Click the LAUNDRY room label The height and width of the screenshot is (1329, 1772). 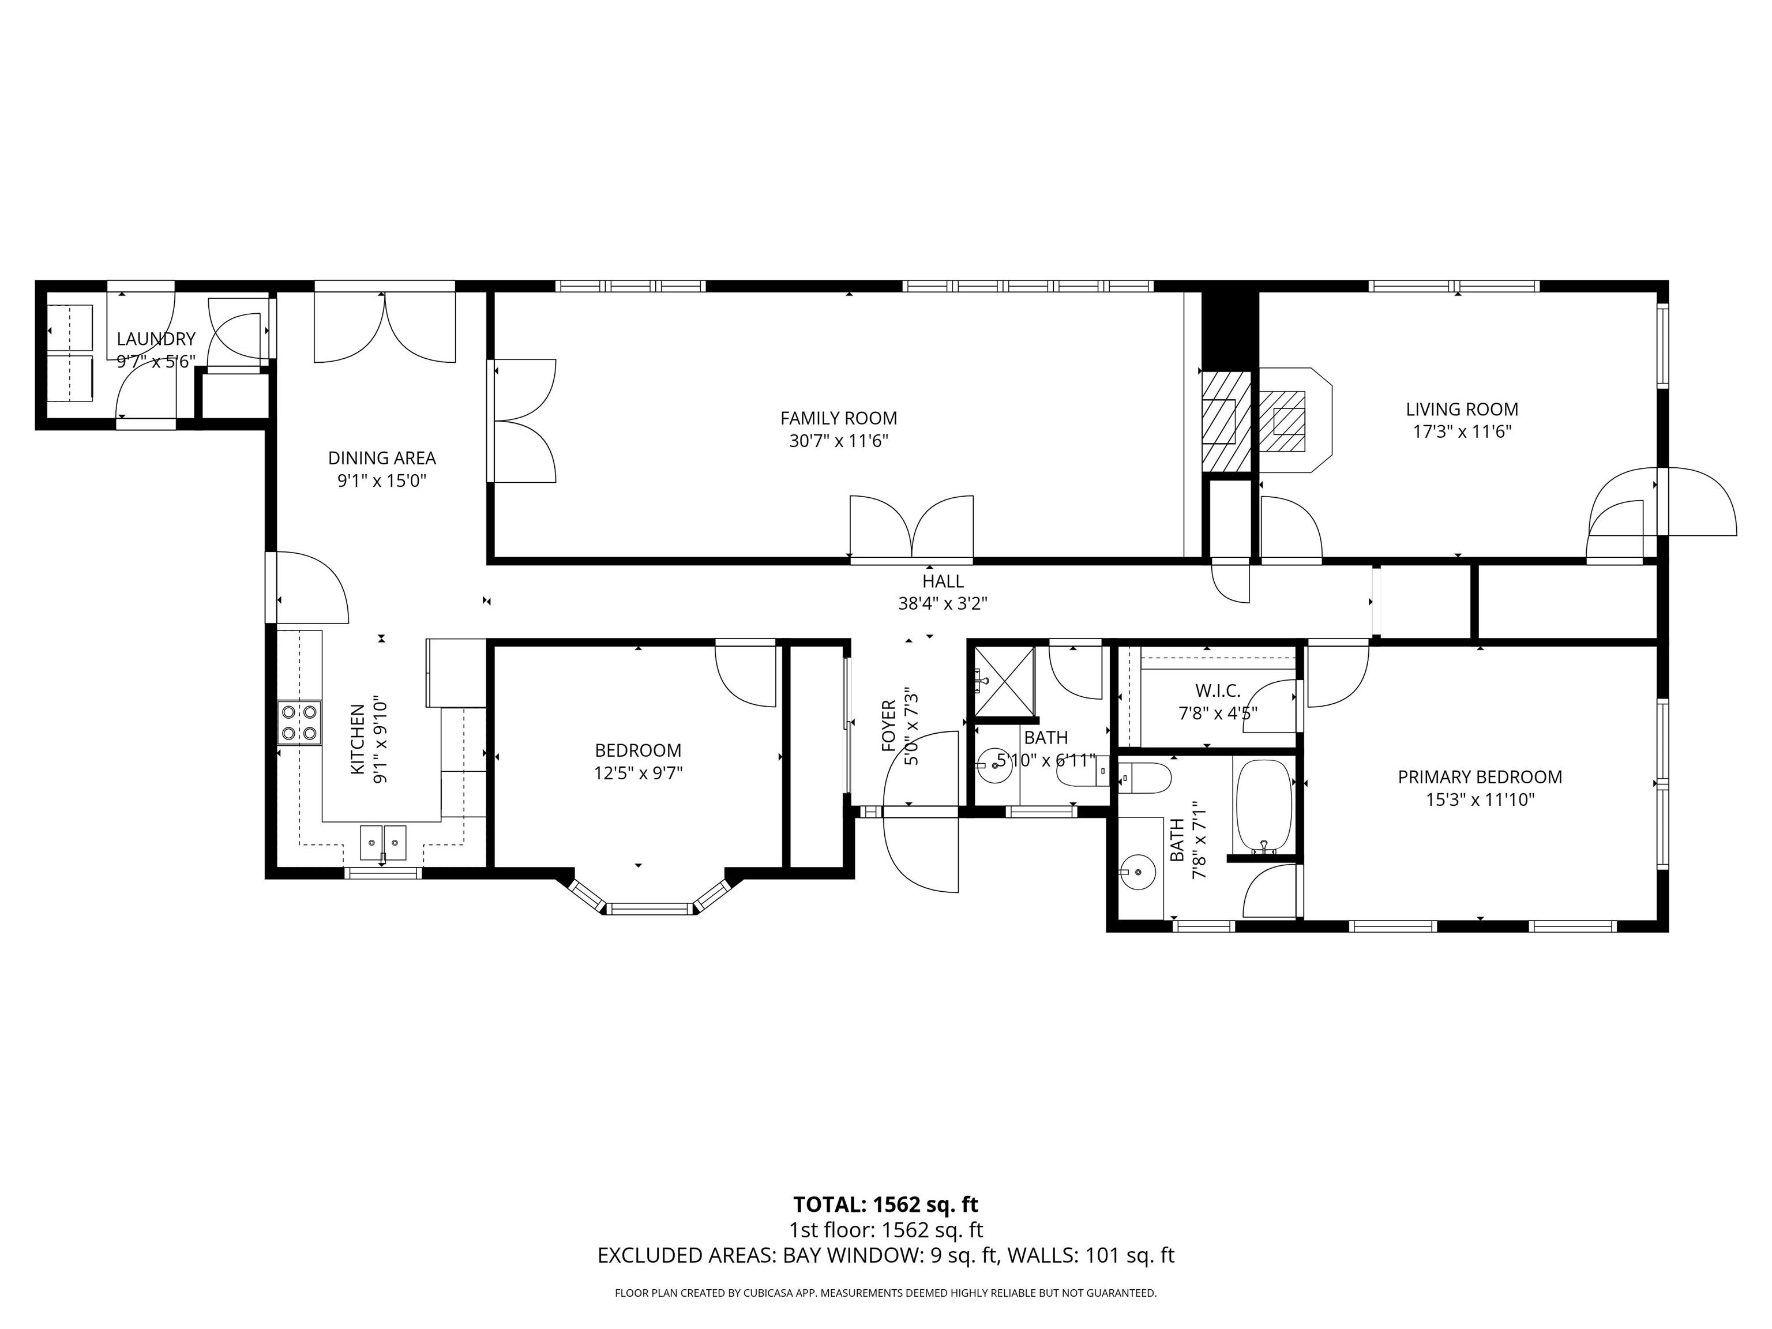tap(156, 339)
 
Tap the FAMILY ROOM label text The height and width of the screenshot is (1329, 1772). tap(839, 418)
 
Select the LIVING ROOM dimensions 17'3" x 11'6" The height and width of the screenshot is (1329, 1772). tap(1462, 432)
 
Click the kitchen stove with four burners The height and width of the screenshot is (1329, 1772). tap(299, 723)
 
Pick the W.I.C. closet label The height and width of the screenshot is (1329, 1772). tap(1218, 690)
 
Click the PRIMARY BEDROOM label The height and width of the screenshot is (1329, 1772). tap(1480, 777)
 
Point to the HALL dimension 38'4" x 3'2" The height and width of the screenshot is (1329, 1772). tap(943, 604)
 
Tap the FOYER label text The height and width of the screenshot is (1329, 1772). tap(888, 727)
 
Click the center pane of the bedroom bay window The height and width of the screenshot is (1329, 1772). tap(649, 908)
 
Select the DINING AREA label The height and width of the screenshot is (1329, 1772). tap(382, 458)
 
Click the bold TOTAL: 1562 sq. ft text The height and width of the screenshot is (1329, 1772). tap(886, 1205)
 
